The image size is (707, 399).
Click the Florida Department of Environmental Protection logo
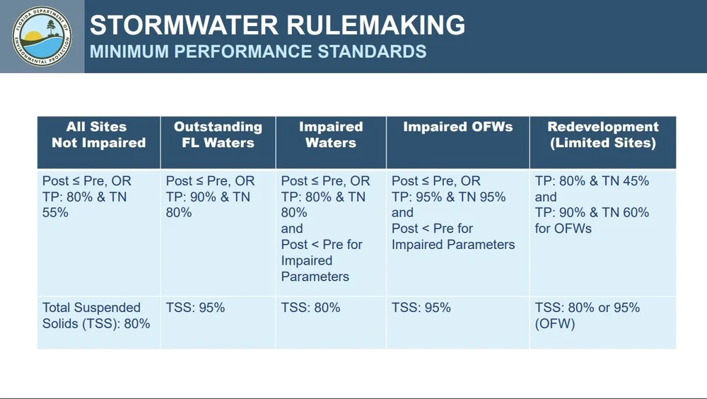click(42, 36)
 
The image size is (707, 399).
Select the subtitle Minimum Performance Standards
click(258, 52)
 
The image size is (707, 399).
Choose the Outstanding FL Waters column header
click(218, 134)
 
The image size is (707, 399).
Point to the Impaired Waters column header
click(331, 134)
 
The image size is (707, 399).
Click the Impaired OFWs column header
click(457, 127)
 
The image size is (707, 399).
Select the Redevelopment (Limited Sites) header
click(602, 134)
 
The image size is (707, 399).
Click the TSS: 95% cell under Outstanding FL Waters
click(195, 308)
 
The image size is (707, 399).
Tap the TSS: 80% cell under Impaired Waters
click(310, 308)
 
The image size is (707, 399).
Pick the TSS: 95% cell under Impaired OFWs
click(421, 308)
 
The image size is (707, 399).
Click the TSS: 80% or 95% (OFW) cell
click(587, 316)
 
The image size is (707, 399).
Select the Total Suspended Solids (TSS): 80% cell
click(95, 316)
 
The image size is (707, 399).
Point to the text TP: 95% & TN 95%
click(448, 197)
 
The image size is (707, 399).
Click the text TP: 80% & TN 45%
click(592, 181)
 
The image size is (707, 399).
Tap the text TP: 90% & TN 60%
click(592, 213)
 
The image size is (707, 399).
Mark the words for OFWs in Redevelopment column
click(563, 229)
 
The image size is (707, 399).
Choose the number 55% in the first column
click(55, 213)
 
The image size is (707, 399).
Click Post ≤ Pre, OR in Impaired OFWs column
click(436, 181)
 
